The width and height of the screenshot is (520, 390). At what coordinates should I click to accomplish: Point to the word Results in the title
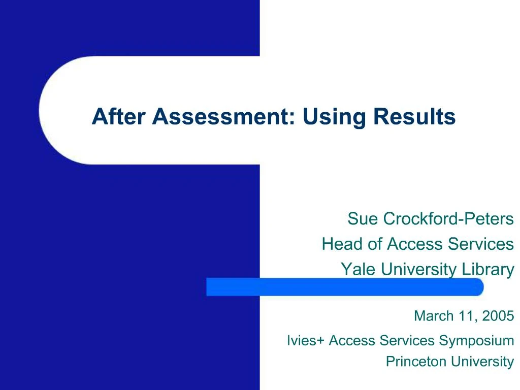pyautogui.click(x=414, y=117)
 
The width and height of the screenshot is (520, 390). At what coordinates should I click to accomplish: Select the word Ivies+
pyautogui.click(x=305, y=340)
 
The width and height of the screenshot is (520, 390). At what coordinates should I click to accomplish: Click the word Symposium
pyautogui.click(x=476, y=340)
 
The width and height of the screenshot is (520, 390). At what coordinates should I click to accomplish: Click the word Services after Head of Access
pyautogui.click(x=480, y=244)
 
